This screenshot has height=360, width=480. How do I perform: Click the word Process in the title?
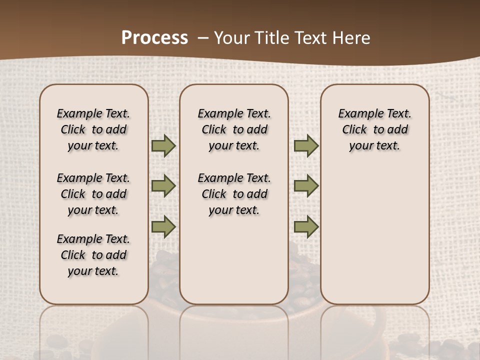154,38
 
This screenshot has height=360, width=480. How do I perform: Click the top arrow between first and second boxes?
163,146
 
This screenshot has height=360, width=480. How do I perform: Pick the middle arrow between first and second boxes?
163,186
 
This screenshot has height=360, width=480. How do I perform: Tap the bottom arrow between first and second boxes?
163,226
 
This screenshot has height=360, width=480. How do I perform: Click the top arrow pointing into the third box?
306,146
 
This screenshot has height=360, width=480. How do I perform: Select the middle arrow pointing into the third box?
306,186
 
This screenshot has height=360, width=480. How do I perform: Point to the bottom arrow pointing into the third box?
306,226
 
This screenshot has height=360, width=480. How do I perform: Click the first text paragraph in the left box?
93,129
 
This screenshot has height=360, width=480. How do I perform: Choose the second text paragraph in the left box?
93,194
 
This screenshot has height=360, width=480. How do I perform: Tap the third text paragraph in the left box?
93,255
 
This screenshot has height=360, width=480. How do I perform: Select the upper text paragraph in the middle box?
234,129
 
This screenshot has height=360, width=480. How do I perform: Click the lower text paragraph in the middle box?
234,194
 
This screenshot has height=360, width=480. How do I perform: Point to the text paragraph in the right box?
374,129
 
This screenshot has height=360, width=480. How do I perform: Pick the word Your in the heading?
232,38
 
